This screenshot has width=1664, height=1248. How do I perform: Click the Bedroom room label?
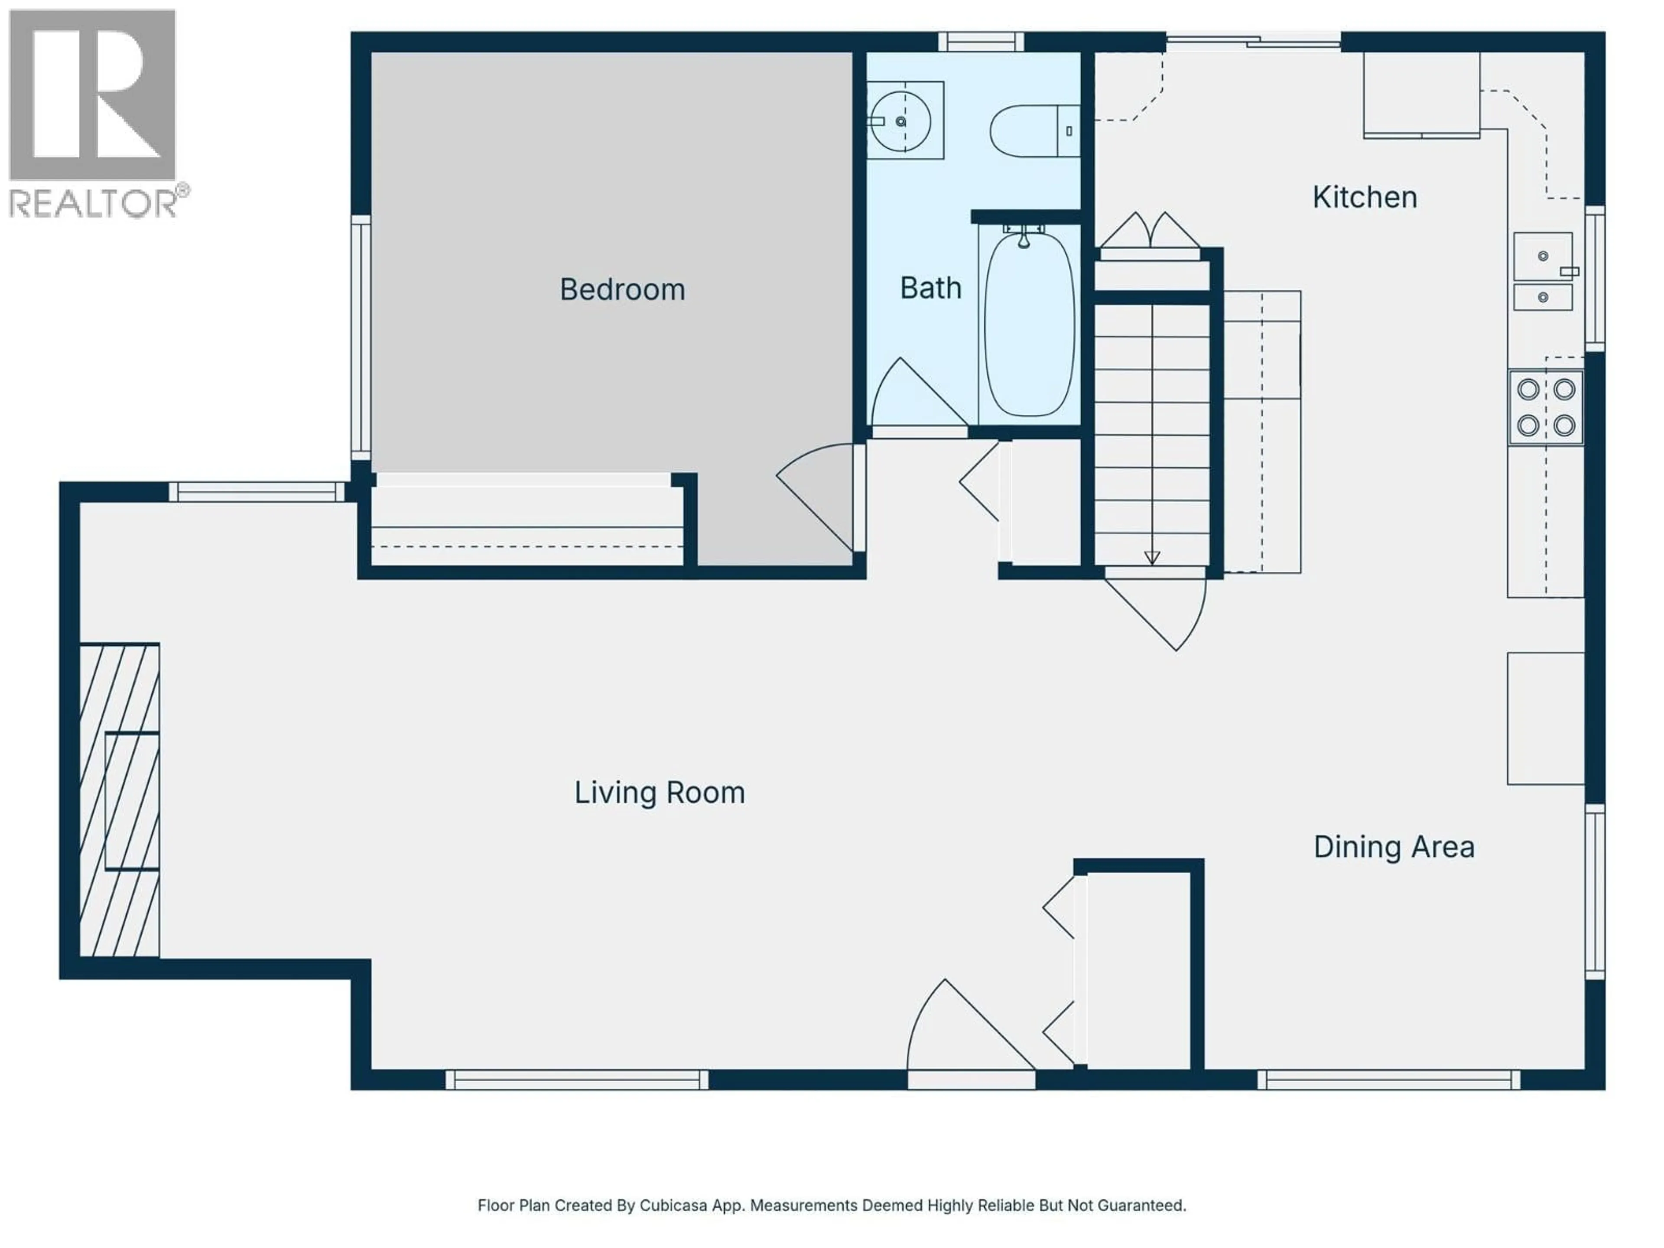pos(622,289)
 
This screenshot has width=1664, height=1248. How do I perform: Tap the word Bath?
pos(930,288)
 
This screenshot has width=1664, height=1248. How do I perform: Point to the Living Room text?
pos(660,793)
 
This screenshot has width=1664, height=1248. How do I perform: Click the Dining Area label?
pos(1393,847)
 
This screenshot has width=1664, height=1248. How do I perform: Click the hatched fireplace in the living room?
pos(119,800)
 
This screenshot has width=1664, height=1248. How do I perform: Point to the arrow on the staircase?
pos(1152,557)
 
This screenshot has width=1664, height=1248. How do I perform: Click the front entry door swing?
pos(963,1030)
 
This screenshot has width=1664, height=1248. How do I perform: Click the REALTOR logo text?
pos(94,204)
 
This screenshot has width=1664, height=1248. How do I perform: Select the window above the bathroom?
pos(981,41)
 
